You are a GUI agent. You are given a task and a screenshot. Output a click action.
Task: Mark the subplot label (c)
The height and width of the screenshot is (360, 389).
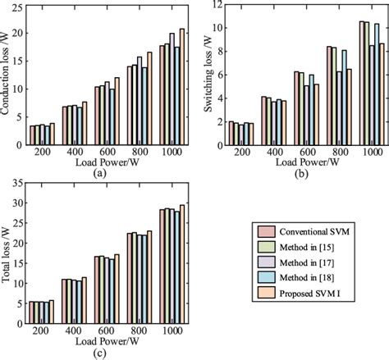99,353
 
